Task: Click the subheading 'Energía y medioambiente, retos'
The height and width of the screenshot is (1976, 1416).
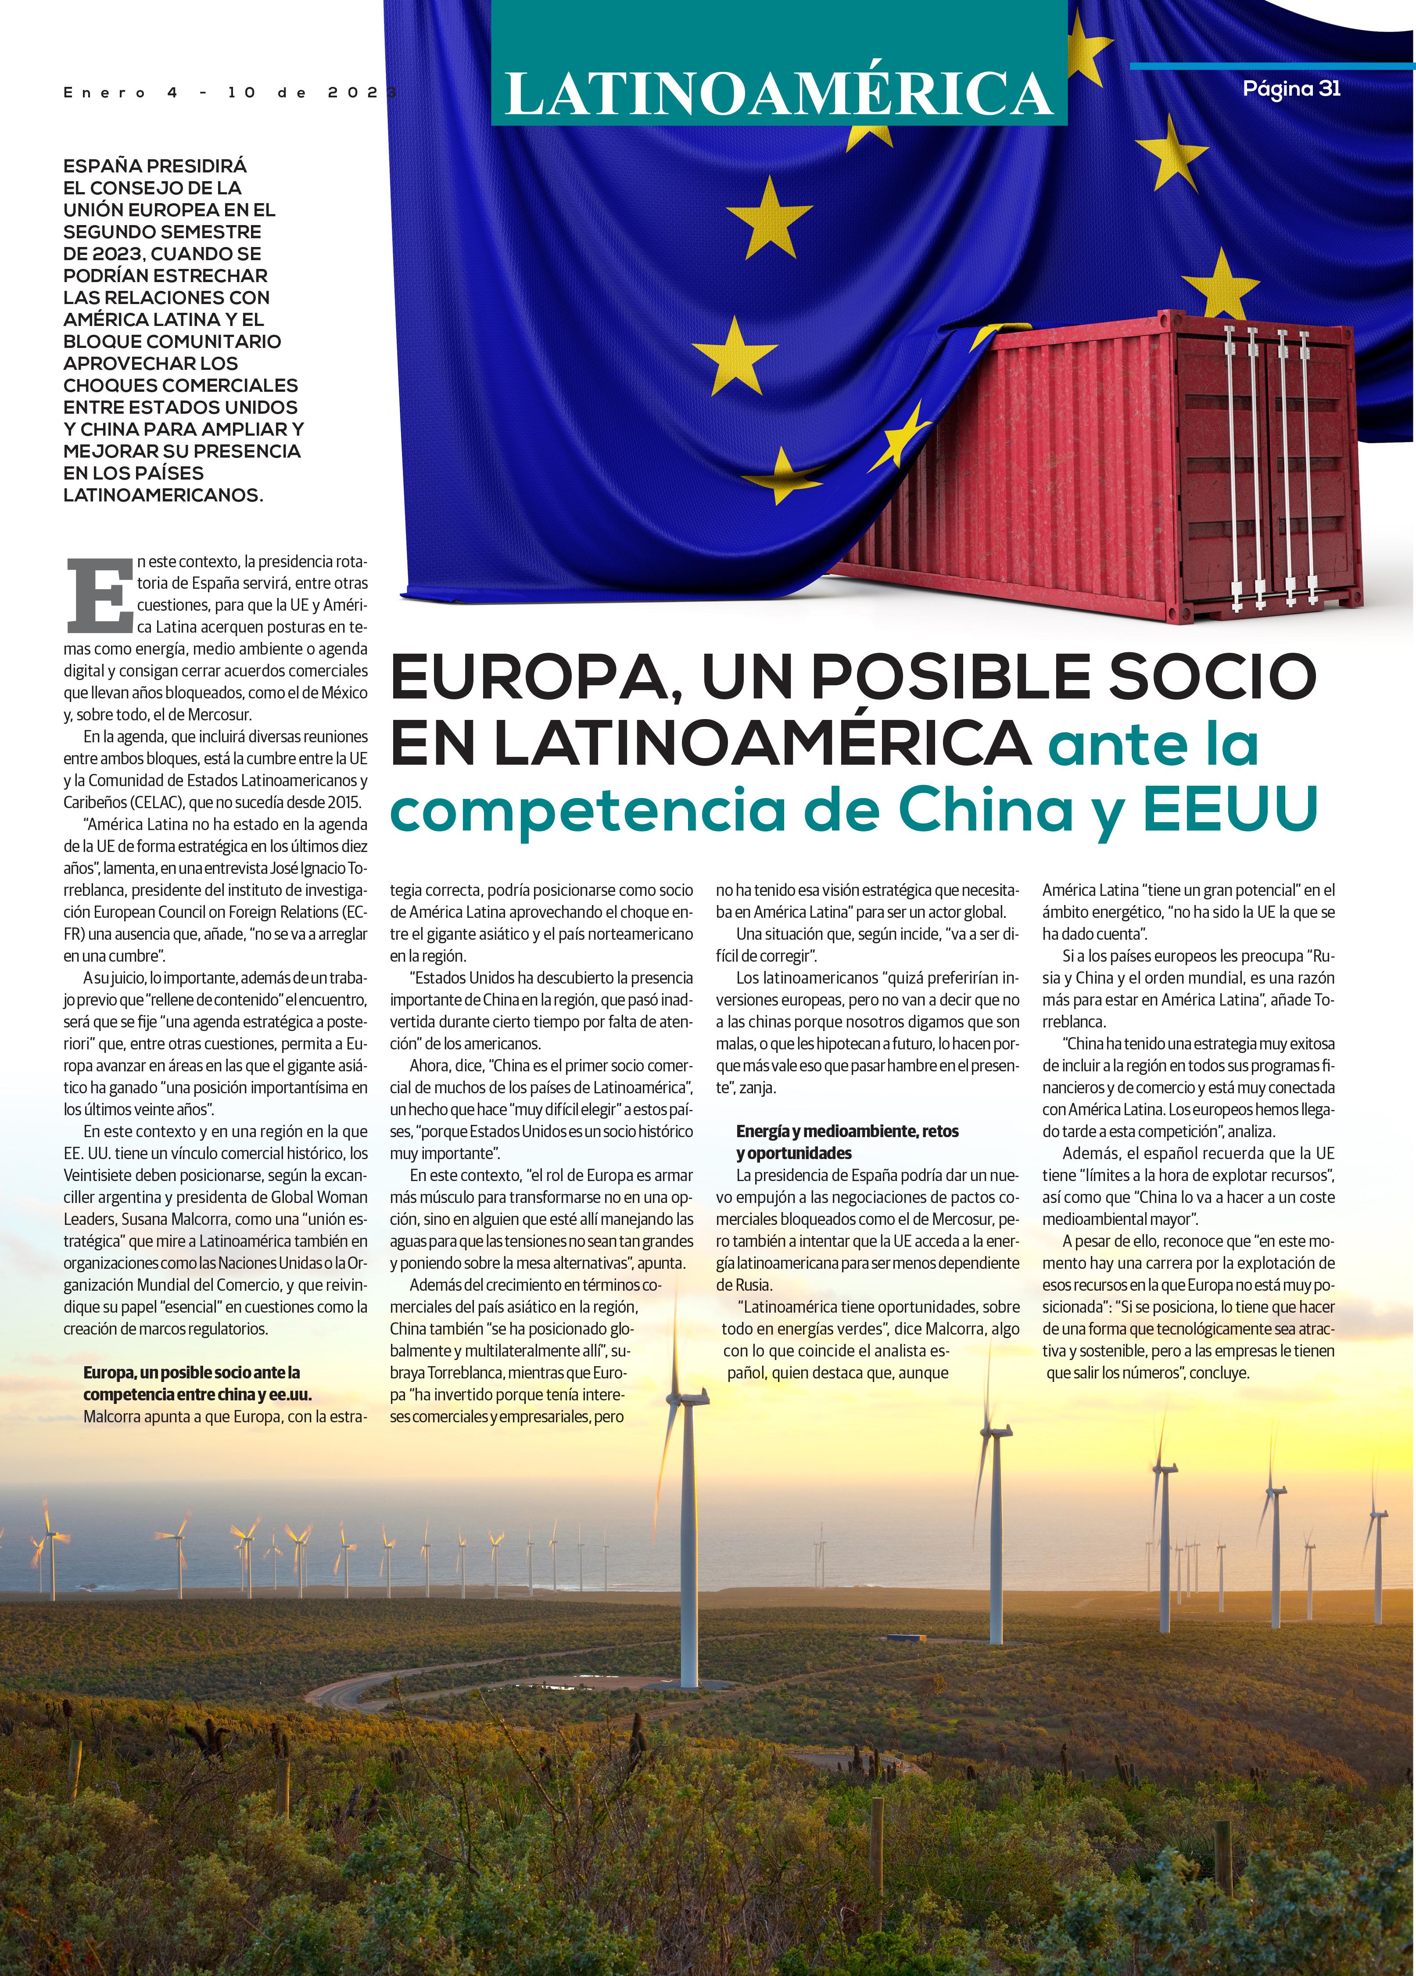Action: [x=847, y=1131]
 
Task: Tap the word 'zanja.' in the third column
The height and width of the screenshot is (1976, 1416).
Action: [x=756, y=1087]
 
